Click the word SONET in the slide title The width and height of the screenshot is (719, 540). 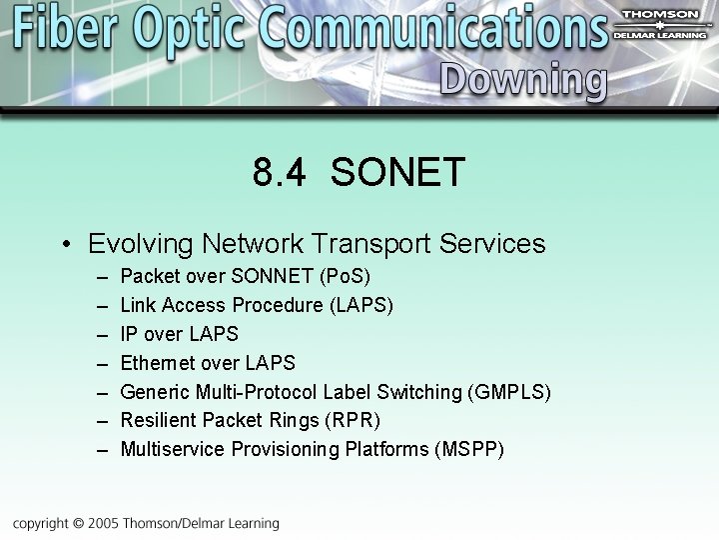(397, 172)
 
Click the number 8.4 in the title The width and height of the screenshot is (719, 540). (281, 172)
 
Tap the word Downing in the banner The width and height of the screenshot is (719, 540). (522, 79)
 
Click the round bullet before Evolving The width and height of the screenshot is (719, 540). (65, 245)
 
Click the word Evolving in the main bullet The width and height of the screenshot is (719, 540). (141, 244)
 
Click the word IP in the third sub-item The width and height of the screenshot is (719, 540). (129, 334)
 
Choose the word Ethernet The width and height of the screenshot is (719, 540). (159, 363)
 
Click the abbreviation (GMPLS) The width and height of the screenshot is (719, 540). (508, 392)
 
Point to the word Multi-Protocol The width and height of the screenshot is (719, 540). (257, 392)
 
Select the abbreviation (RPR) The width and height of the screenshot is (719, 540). (350, 421)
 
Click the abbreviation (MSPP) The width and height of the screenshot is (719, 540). (469, 450)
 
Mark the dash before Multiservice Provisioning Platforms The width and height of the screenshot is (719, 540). (102, 450)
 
